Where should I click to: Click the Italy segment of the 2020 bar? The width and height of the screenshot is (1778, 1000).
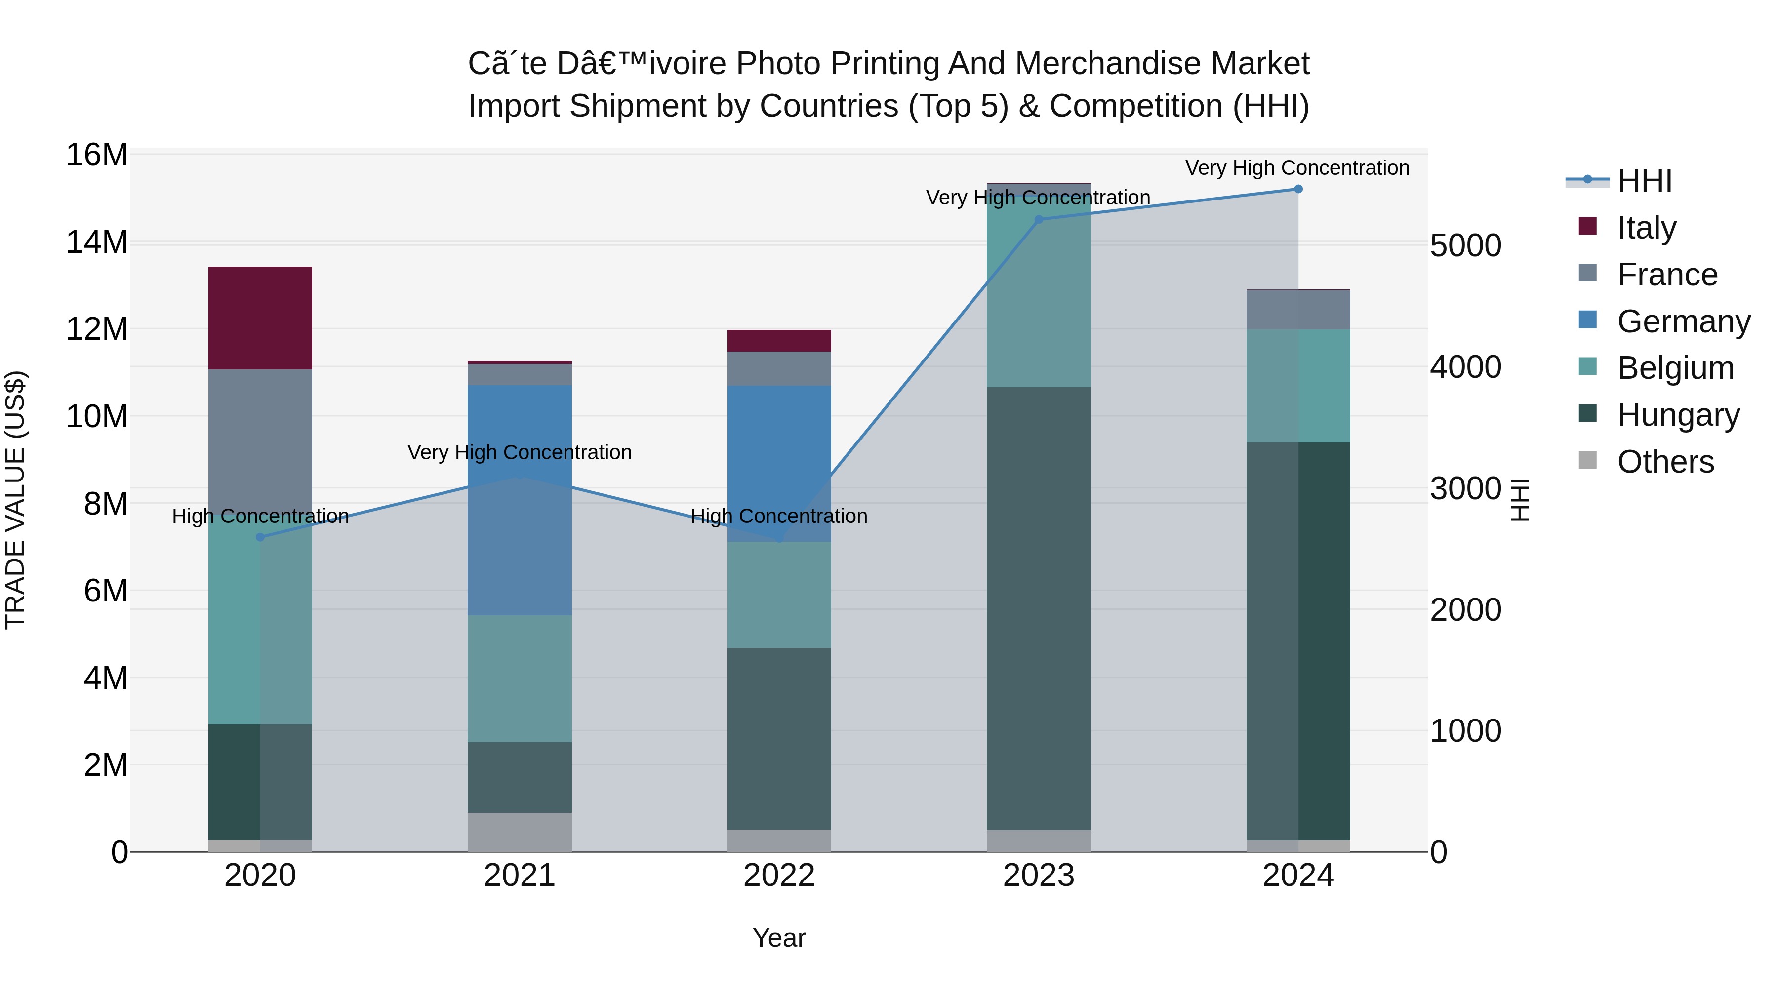tap(260, 318)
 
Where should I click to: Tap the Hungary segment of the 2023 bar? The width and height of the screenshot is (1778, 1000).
tap(1038, 607)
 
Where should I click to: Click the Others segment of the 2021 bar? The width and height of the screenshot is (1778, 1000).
tap(519, 832)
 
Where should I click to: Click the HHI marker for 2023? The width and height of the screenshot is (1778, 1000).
tap(1039, 219)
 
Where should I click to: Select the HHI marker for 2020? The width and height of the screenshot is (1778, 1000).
tap(260, 537)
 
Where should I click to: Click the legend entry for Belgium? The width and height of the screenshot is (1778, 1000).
tap(1675, 368)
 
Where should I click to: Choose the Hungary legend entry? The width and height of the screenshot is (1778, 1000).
tap(1678, 415)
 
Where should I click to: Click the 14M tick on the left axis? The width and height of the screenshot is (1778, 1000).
tap(97, 242)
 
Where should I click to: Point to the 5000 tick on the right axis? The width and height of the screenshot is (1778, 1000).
tap(1465, 246)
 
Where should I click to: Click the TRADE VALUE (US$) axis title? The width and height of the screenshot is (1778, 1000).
tap(15, 500)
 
